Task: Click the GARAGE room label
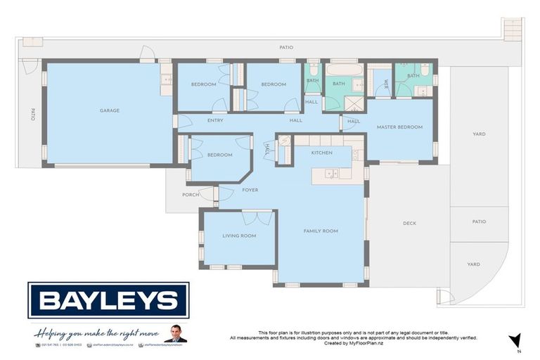pos(109,110)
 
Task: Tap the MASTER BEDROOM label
pos(399,127)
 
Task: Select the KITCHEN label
pos(322,153)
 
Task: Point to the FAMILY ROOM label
pos(321,231)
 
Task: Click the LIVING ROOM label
pos(239,236)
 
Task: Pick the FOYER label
pos(250,190)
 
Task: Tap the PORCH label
pos(190,195)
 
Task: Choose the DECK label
pos(409,224)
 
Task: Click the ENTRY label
pos(216,120)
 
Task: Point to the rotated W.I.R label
pos(386,85)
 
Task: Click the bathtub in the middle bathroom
pos(345,70)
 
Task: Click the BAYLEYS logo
pos(108,300)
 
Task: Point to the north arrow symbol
pos(516,341)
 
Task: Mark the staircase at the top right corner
pos(513,29)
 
